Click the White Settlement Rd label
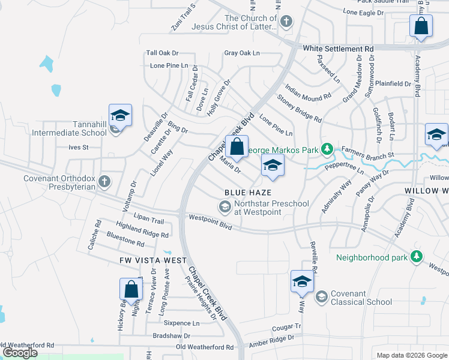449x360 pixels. click(338, 48)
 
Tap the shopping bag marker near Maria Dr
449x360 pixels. click(237, 147)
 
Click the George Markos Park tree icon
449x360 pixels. click(327, 148)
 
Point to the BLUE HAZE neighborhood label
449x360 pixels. click(248, 192)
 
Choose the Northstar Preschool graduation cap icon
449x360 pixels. click(224, 208)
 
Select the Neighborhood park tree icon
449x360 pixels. click(415, 258)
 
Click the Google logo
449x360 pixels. click(19, 353)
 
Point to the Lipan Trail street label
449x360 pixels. click(133, 221)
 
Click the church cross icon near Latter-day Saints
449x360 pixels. click(286, 22)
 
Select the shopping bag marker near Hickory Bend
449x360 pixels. click(130, 290)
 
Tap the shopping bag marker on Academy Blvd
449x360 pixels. click(421, 26)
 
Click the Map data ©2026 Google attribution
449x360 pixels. click(411, 355)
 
